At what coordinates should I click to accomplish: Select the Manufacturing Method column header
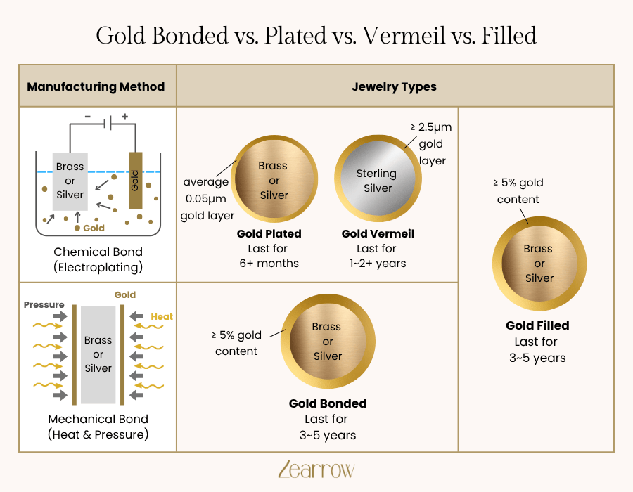coord(96,86)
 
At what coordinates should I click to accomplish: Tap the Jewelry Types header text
coord(394,86)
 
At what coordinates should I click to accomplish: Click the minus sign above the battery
coord(88,117)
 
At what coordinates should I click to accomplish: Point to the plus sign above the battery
coord(124,117)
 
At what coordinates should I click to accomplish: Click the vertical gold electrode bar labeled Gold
coord(135,181)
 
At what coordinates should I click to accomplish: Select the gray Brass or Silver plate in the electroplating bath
coord(70,181)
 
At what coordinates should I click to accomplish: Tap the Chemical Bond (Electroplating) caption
coord(98,259)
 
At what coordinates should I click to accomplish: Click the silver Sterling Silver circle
coord(377,181)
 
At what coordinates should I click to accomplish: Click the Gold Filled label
coord(537,326)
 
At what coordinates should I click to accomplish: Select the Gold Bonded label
coord(328,403)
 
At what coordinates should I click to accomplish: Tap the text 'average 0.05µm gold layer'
coord(206,199)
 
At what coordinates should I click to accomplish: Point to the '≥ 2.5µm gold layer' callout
coord(430,144)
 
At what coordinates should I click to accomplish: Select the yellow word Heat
coord(162,317)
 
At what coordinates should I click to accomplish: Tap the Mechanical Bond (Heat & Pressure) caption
coord(98,427)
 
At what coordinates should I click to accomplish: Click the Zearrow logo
coord(316,469)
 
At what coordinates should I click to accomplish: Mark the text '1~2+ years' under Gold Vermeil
coord(377,264)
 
